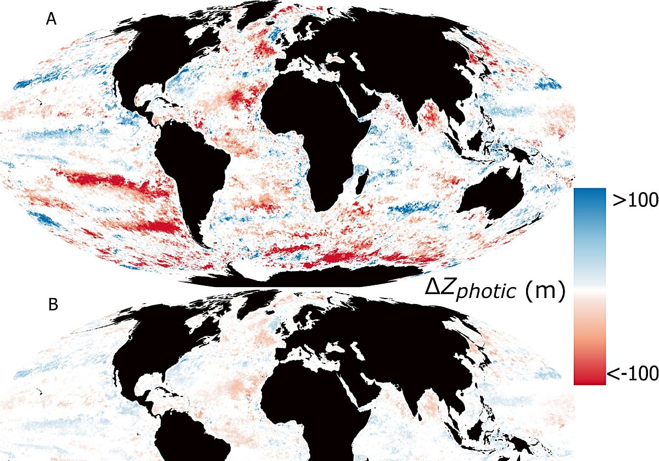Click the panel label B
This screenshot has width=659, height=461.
point(53,305)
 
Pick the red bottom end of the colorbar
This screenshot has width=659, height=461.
point(589,379)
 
